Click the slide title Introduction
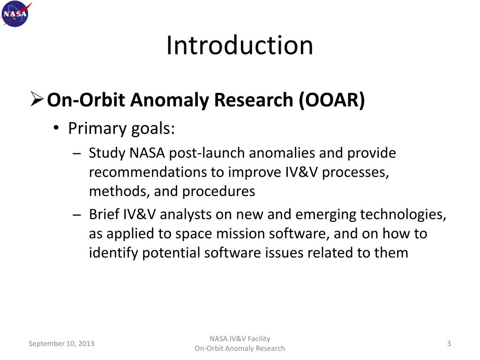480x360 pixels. pyautogui.click(x=240, y=45)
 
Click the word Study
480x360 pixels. pyautogui.click(x=104, y=153)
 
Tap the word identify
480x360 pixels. pyautogui.click(x=113, y=253)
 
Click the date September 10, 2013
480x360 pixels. pyautogui.click(x=61, y=344)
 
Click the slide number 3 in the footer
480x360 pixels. pyautogui.click(x=449, y=344)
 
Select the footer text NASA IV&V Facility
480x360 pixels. pyautogui.click(x=240, y=339)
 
